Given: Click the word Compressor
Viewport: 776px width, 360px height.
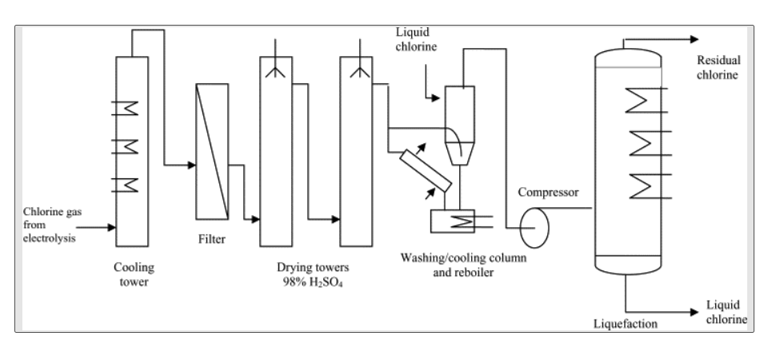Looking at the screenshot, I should point(548,193).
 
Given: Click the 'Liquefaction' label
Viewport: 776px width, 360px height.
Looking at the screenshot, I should point(626,323).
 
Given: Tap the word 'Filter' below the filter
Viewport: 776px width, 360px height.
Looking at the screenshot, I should point(212,238).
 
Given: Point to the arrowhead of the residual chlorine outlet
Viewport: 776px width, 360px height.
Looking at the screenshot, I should point(695,38).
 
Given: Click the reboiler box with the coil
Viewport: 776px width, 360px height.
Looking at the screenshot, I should point(451,222).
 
